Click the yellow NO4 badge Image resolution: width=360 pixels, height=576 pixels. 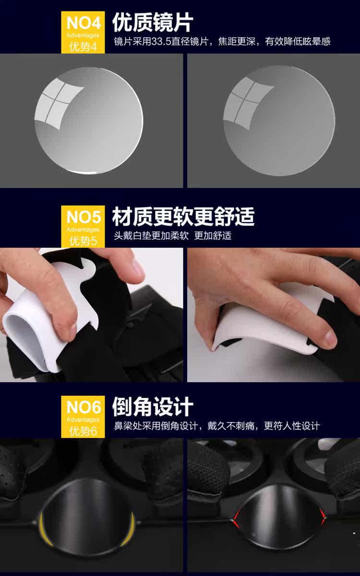(83, 33)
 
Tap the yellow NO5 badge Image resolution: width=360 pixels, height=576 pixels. (83, 226)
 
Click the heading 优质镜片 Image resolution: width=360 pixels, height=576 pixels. (153, 23)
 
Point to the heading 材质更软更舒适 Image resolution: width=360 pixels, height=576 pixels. (183, 216)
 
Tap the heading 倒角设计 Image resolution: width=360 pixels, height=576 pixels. (153, 407)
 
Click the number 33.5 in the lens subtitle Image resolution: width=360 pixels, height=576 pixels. (161, 41)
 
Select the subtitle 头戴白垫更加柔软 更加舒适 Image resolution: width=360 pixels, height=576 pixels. (172, 235)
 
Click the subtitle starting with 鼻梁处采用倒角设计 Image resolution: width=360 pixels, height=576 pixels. (216, 426)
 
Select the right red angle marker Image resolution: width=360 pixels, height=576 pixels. (322, 516)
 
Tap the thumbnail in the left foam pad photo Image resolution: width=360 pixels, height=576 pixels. (73, 329)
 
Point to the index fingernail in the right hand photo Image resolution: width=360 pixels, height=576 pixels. (331, 336)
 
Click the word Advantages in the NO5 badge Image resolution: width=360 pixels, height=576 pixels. (83, 229)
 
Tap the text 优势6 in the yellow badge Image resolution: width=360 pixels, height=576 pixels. (83, 431)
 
